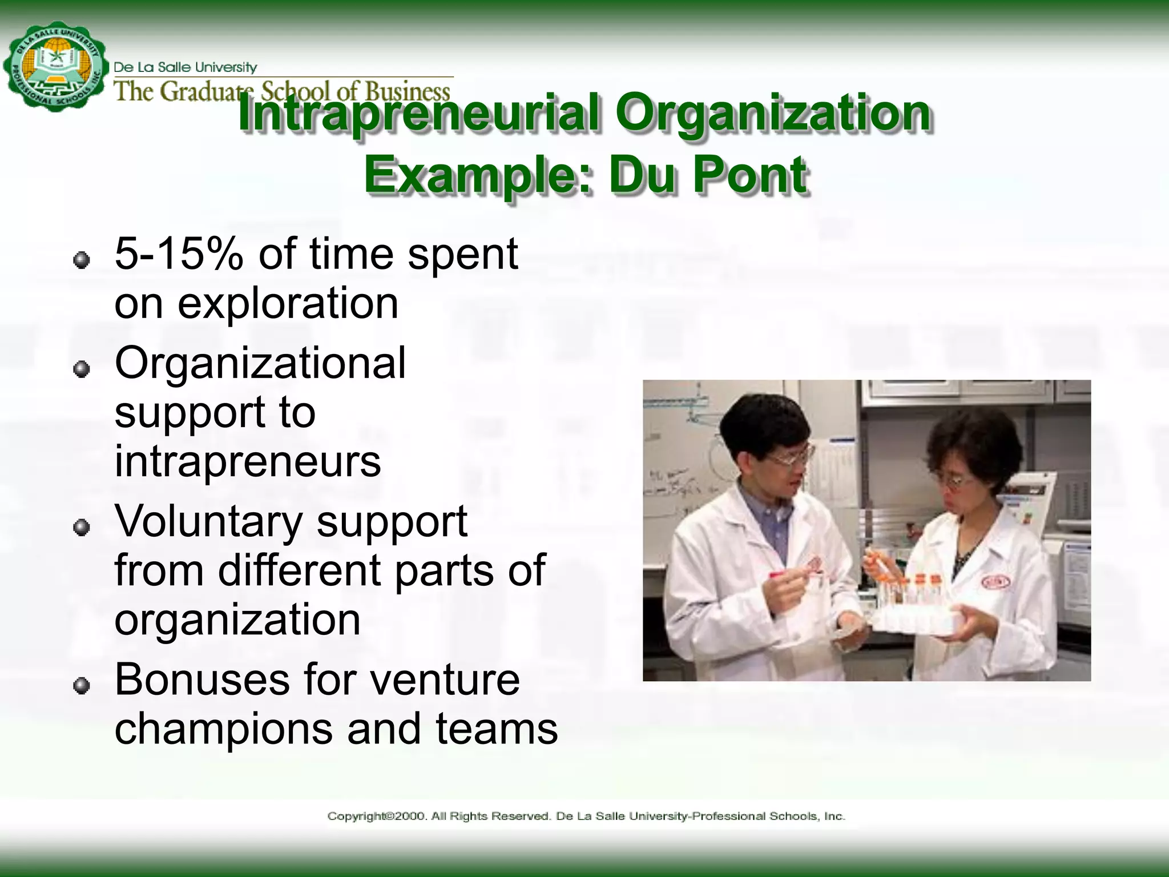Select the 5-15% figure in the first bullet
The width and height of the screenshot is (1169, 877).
(x=179, y=254)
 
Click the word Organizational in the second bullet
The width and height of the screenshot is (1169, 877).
(x=260, y=363)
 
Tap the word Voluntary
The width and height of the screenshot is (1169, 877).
(x=208, y=522)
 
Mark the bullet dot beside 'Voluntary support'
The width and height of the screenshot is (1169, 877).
(x=82, y=528)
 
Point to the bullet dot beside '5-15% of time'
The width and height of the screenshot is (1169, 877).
(x=82, y=260)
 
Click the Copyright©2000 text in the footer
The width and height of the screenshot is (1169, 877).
(x=377, y=816)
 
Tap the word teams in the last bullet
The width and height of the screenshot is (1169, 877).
(x=497, y=729)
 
